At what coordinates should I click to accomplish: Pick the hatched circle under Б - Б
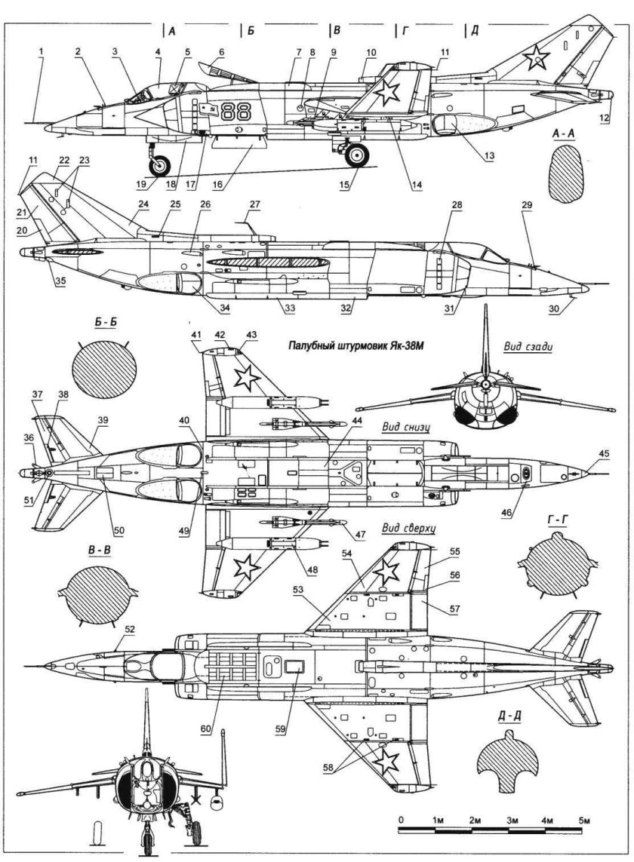(105, 374)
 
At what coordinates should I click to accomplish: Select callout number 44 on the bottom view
(335, 419)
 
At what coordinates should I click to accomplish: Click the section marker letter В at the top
(337, 31)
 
